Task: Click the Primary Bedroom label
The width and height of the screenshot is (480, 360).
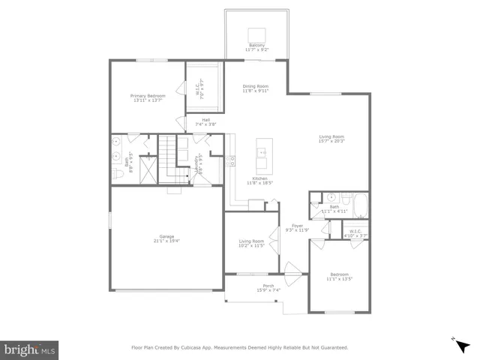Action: click(147, 95)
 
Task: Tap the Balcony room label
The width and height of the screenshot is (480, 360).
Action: click(257, 45)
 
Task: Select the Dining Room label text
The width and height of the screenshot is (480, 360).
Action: click(255, 86)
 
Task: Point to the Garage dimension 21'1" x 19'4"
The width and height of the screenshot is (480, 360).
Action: click(166, 241)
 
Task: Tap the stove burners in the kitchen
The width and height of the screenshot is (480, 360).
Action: click(232, 160)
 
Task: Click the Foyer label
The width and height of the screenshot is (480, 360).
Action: click(297, 225)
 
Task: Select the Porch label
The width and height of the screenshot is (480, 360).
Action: click(268, 286)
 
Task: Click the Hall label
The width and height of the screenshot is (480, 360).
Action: click(205, 119)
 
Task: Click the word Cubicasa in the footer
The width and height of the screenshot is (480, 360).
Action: click(200, 347)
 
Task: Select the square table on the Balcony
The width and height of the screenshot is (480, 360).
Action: click(257, 34)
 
